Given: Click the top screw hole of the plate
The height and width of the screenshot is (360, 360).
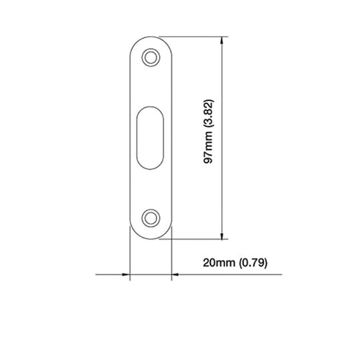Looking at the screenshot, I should tap(150, 56).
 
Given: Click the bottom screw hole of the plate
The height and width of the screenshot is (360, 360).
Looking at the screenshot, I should tap(150, 217).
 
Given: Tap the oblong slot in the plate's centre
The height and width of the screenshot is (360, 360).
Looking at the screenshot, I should tap(150, 138).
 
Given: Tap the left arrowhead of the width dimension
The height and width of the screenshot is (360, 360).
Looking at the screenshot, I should tap(125, 274).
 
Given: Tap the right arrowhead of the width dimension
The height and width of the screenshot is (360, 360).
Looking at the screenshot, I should tap(175, 274).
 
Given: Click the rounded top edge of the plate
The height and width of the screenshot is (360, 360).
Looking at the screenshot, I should tap(150, 36).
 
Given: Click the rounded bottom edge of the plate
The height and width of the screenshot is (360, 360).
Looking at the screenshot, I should tap(150, 238).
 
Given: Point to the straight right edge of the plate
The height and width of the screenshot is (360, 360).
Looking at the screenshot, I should tap(171, 137).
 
